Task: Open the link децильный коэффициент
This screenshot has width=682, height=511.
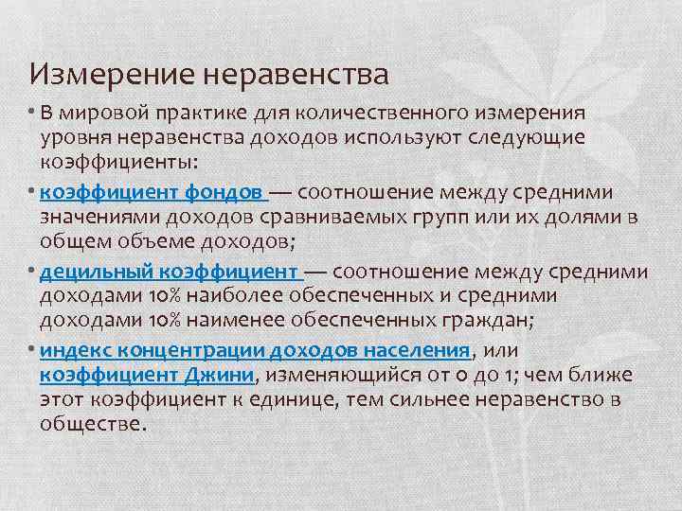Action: coord(170,273)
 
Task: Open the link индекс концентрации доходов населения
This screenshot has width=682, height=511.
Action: coord(256,352)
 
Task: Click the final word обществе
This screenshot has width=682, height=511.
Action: coord(92,424)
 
